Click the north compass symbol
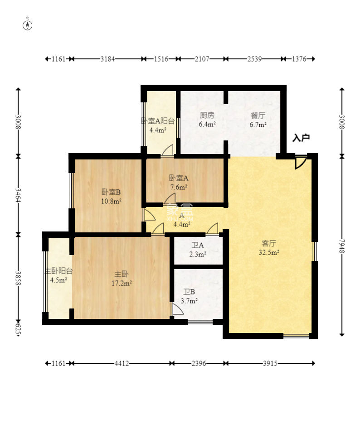[x=28, y=25]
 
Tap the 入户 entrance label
[x=301, y=138]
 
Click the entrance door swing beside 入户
[x=300, y=163]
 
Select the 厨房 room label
[x=207, y=115]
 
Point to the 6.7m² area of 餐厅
[x=258, y=125]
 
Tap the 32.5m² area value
[x=268, y=253]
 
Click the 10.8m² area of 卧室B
[x=111, y=201]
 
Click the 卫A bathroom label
[x=198, y=245]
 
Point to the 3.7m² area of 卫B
[x=190, y=301]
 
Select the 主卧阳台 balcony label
[x=58, y=271]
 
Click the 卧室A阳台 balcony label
[x=158, y=120]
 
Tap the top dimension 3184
[x=108, y=59]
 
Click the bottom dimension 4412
[x=121, y=363]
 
